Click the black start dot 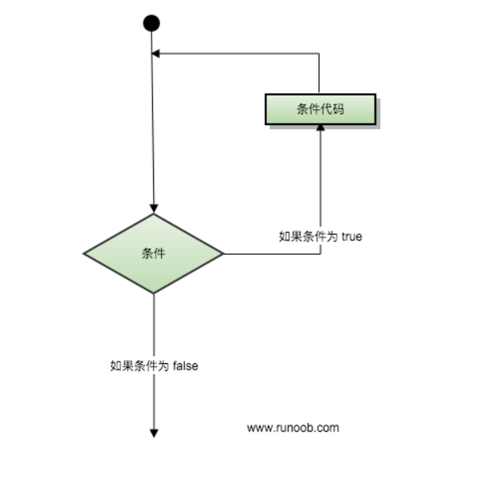pos(151,23)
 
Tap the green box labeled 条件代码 pos(320,110)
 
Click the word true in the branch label pos(351,237)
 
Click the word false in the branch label pos(185,366)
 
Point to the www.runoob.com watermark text pos(293,428)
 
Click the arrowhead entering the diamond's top pos(153,209)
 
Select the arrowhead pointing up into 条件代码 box pos(320,129)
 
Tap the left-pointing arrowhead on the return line pos(157,54)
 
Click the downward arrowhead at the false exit pos(154,432)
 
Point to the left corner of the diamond pos(84,254)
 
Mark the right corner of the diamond pos(223,254)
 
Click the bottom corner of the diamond pos(154,292)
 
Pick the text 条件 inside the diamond pos(154,254)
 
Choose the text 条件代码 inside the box pos(320,110)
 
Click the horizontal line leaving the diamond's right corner pos(271,254)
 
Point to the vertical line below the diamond pos(154,327)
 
